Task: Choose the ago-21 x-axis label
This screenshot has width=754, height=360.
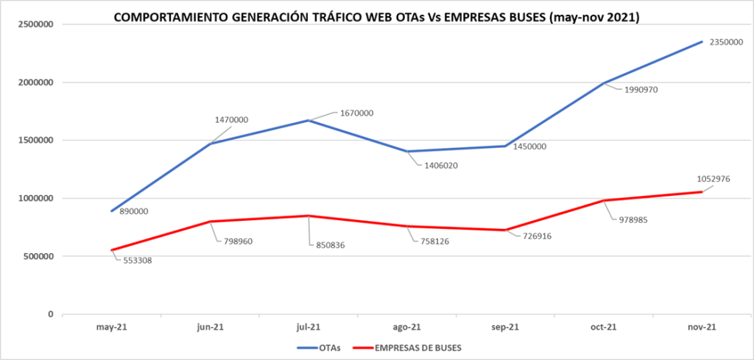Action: [406, 328]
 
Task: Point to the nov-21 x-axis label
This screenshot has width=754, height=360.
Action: [700, 328]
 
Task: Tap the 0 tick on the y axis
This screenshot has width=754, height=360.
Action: [51, 314]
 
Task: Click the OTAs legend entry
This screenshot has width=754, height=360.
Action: [324, 347]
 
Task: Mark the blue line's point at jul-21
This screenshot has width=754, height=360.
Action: [308, 120]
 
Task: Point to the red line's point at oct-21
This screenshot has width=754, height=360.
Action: [602, 200]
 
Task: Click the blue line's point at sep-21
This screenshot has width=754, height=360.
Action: [504, 146]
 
